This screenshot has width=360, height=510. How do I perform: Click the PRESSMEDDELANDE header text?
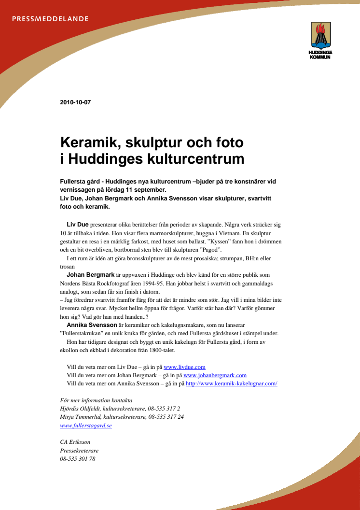(x=50, y=19)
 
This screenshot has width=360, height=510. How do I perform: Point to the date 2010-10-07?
(x=75, y=102)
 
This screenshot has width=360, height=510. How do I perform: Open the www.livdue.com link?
(x=185, y=367)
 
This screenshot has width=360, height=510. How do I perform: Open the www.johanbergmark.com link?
(x=215, y=375)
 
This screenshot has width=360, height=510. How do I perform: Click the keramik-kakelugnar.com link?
(x=231, y=383)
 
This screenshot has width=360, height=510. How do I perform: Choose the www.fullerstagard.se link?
(x=86, y=425)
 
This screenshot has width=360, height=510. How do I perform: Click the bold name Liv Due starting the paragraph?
(x=77, y=225)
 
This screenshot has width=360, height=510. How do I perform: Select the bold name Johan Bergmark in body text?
(x=87, y=275)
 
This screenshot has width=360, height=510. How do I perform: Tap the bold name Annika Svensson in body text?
(x=92, y=325)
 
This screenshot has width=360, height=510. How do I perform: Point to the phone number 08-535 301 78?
(x=78, y=459)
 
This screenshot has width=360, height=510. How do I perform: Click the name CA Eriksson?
(x=75, y=442)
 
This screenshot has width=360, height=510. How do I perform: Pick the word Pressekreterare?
(x=79, y=451)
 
